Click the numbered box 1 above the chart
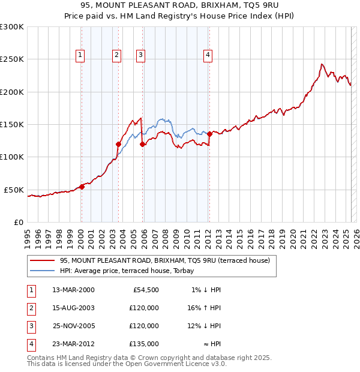pos(80,56)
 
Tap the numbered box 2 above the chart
pos(116,56)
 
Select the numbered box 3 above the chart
pos(140,56)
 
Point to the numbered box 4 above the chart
pos(208,56)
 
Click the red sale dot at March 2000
pos(82,187)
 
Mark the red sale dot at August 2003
pos(118,144)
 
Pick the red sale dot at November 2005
pos(142,144)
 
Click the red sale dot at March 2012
pos(209,134)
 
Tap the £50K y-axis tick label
pos(14,190)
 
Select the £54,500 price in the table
pos(144,290)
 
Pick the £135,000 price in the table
pos(144,344)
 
